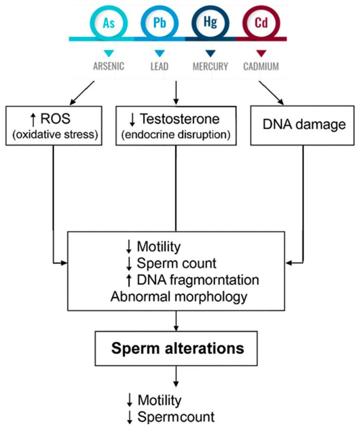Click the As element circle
click(109, 23)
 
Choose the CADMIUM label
click(261, 66)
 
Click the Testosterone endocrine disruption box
click(176, 125)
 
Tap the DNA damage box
click(303, 125)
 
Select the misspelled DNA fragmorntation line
click(191, 280)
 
